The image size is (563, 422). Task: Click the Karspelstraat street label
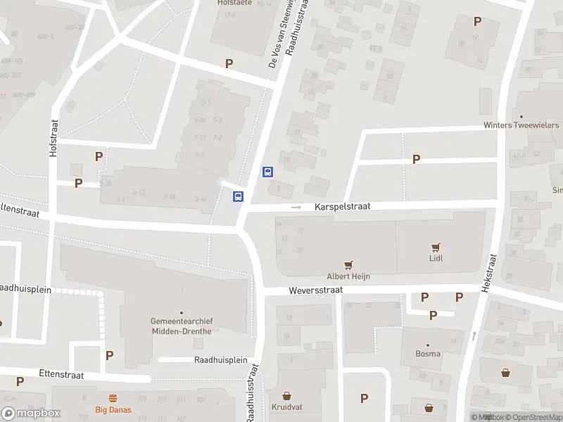[x=342, y=207]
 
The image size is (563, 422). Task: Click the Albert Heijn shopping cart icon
[x=348, y=264]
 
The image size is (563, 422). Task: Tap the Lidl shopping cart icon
[x=436, y=247]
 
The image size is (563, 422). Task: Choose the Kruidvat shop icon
[x=286, y=396]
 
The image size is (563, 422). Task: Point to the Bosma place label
[x=428, y=354]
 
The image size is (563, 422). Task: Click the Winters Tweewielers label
[x=521, y=125]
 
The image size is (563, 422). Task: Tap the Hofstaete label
[x=233, y=3]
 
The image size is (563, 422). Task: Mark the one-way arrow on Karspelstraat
[x=297, y=207]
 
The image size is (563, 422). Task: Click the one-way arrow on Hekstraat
[x=474, y=336]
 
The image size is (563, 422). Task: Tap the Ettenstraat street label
[x=62, y=375]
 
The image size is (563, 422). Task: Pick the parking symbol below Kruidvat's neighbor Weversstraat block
[x=364, y=398]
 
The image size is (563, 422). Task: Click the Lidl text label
[x=436, y=258]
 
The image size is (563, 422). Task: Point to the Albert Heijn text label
[x=348, y=276]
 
